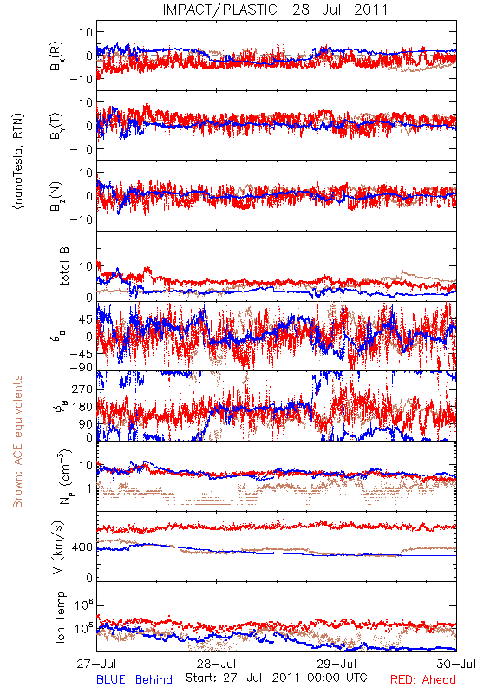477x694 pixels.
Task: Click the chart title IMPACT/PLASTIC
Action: (220, 10)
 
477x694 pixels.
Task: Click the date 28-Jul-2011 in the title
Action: (340, 10)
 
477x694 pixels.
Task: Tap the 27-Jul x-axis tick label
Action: (96, 664)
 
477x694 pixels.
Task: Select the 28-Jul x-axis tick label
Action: (216, 664)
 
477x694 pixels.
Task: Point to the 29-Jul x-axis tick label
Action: (337, 664)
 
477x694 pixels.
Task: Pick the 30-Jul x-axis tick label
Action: (456, 664)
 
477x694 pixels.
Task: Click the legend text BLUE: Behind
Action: (134, 679)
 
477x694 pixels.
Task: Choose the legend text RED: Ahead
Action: (422, 679)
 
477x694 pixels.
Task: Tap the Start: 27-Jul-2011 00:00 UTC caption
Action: (277, 678)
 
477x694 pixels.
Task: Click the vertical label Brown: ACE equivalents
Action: (17, 442)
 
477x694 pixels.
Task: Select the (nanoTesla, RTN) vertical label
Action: (18, 161)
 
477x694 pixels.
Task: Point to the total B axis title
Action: (64, 266)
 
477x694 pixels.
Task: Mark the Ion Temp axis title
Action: (60, 617)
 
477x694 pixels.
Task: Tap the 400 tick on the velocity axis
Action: (83, 547)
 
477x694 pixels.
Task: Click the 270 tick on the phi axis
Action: (83, 390)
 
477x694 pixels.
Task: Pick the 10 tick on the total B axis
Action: (86, 266)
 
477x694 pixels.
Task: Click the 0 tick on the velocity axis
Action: (90, 578)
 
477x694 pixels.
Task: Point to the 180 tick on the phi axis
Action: (83, 407)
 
